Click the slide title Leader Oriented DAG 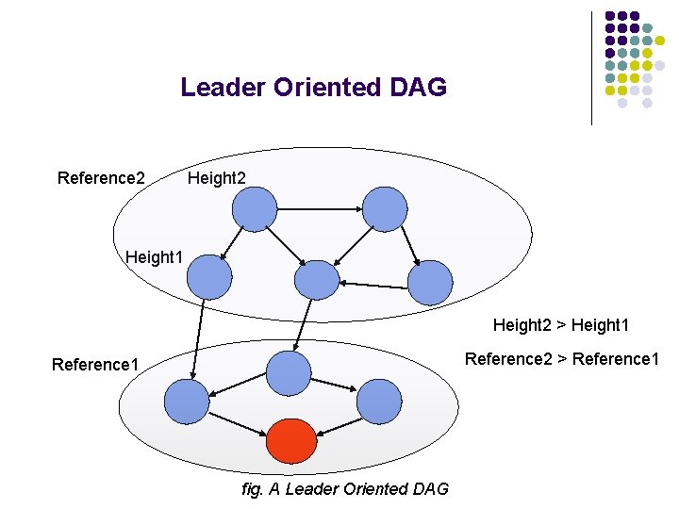[x=313, y=88]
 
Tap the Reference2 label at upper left [x=101, y=178]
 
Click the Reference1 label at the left [x=95, y=365]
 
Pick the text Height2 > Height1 [x=560, y=325]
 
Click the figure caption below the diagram [x=344, y=488]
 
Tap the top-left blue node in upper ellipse [x=255, y=209]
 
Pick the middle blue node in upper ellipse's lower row [x=317, y=280]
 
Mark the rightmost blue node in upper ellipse [x=430, y=282]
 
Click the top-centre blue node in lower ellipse [x=289, y=373]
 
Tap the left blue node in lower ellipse [x=186, y=402]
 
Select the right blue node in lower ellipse [x=380, y=401]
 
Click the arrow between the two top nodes [x=320, y=206]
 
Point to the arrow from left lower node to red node [x=237, y=422]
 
